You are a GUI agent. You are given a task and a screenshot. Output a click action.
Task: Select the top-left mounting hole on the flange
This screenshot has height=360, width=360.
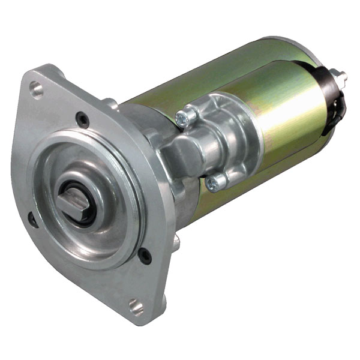pos(37,91)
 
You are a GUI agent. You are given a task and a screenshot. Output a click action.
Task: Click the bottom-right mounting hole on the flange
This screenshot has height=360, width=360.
pos(137,307)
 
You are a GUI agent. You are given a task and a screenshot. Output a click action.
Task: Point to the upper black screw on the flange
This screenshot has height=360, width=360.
pos(83,119)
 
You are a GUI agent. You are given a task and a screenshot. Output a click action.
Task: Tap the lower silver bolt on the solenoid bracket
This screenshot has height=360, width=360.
pos(214,182)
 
